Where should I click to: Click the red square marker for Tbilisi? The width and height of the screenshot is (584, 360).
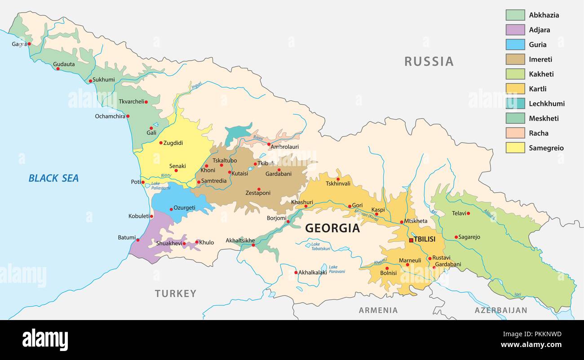pyautogui.click(x=411, y=240)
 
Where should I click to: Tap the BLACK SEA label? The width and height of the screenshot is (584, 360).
pyautogui.click(x=53, y=178)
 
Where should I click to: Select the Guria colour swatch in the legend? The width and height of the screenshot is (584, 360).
pyautogui.click(x=515, y=44)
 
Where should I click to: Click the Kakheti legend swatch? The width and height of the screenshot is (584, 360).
pyautogui.click(x=515, y=74)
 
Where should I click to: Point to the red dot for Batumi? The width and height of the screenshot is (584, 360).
pyautogui.click(x=137, y=240)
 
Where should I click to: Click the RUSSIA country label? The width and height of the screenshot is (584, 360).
pyautogui.click(x=429, y=61)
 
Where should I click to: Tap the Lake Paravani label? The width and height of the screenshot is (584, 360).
pyautogui.click(x=336, y=269)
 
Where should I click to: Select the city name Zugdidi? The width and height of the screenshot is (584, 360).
pyautogui.click(x=173, y=143)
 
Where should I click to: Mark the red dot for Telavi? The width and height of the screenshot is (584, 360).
pyautogui.click(x=468, y=213)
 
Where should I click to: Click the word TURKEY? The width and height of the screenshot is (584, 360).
pyautogui.click(x=176, y=294)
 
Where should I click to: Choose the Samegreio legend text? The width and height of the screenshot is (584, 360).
pyautogui.click(x=546, y=148)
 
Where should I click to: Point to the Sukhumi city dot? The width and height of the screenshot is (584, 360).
pyautogui.click(x=90, y=81)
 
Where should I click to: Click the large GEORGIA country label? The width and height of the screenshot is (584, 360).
pyautogui.click(x=332, y=228)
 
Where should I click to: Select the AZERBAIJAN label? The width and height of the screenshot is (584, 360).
pyautogui.click(x=501, y=310)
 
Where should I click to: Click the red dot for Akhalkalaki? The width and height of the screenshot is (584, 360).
pyautogui.click(x=296, y=272)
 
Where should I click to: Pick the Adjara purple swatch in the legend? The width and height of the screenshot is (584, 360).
pyautogui.click(x=515, y=30)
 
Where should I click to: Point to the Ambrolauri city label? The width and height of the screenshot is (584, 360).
pyautogui.click(x=285, y=146)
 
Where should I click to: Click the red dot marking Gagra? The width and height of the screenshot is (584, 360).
pyautogui.click(x=29, y=44)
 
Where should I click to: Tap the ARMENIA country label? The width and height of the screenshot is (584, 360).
pyautogui.click(x=378, y=310)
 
